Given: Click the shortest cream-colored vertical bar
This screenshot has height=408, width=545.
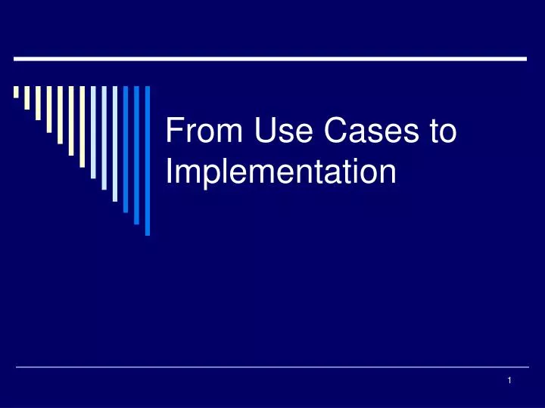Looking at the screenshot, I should click(x=16, y=92).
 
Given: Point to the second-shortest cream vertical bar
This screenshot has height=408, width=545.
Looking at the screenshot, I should click(x=27, y=97).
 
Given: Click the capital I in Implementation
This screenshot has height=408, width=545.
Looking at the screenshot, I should click(x=169, y=172).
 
